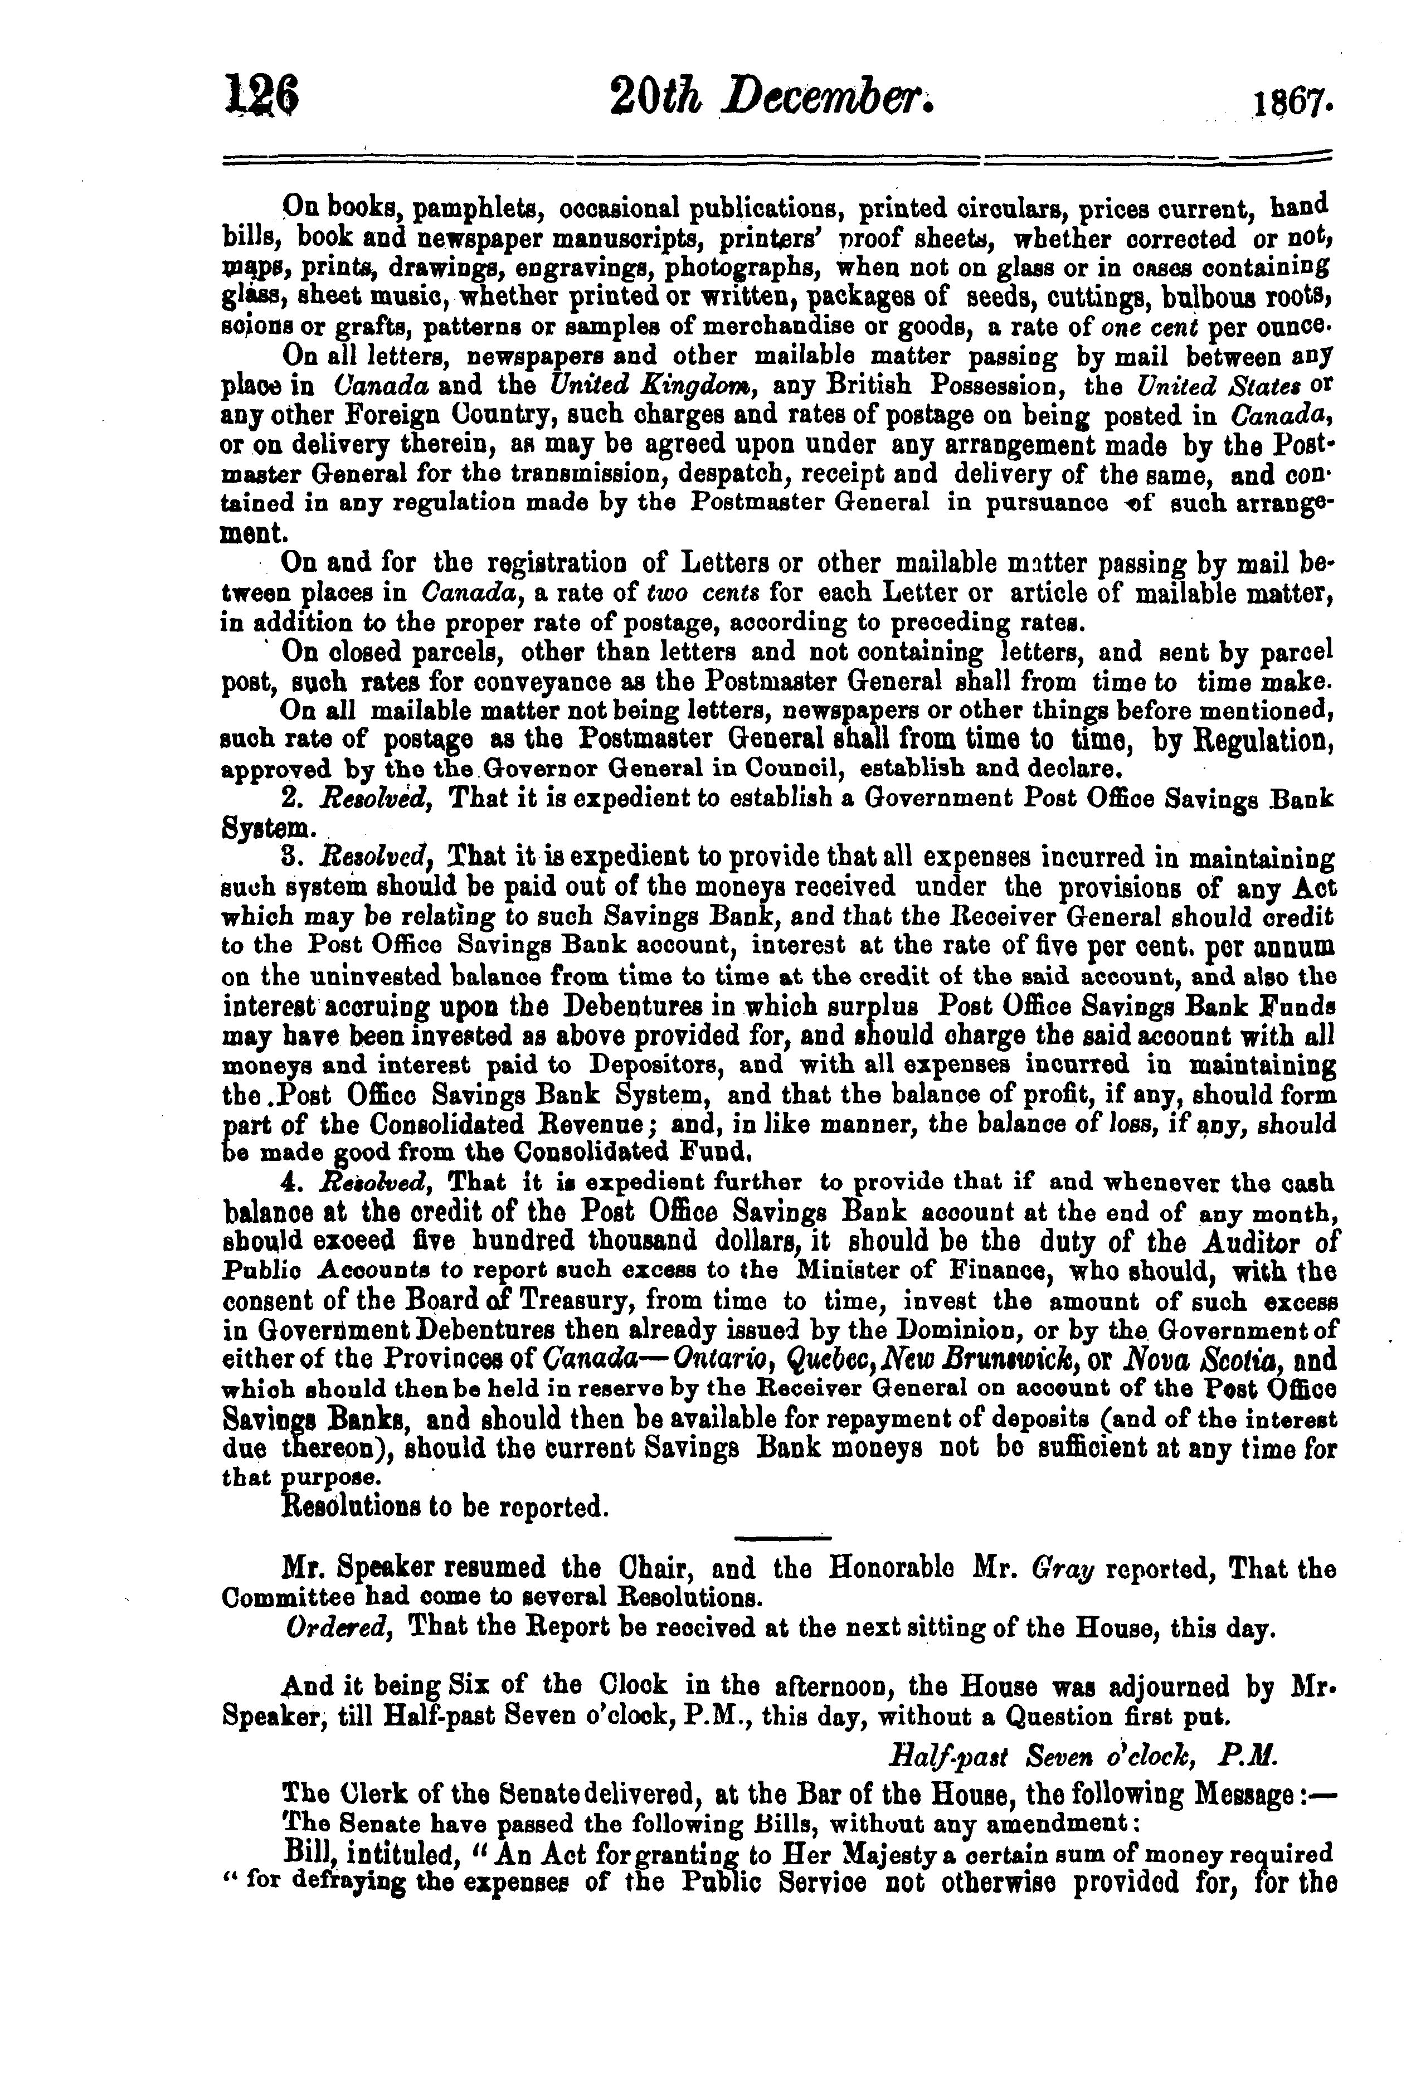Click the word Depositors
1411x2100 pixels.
pos(657,1065)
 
